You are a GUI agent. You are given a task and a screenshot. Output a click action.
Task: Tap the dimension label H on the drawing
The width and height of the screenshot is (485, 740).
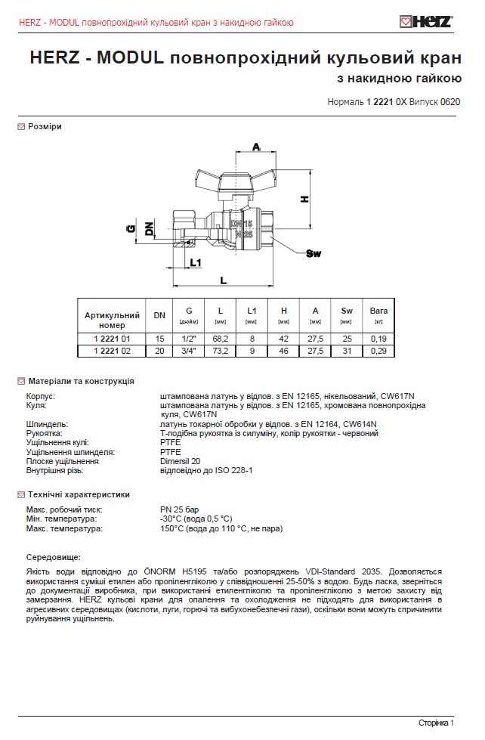[x=304, y=199]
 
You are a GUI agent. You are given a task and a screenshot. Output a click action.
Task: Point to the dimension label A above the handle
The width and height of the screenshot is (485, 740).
[x=256, y=147]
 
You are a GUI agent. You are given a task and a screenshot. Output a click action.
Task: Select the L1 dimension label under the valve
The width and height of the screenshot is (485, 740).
[x=195, y=263]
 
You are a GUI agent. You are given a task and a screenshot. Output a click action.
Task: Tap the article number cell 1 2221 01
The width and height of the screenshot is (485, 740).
[x=113, y=339]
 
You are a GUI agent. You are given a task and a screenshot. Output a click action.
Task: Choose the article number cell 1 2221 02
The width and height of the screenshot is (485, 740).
[x=113, y=351]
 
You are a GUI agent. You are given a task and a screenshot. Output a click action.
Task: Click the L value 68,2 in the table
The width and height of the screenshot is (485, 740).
[x=221, y=339]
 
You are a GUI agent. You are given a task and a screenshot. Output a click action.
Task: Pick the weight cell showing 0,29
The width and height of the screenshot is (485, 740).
[x=378, y=351]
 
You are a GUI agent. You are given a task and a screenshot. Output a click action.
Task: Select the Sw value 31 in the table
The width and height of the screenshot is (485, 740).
[x=347, y=351]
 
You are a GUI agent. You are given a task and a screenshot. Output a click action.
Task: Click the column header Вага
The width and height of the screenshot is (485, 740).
[x=378, y=310]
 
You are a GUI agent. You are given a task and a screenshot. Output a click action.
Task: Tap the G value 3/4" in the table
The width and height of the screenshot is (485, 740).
[x=189, y=351]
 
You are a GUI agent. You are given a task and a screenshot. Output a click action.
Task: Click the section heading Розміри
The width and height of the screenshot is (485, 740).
[x=45, y=127]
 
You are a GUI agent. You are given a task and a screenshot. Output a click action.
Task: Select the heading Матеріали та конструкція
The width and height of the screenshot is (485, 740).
[x=81, y=381]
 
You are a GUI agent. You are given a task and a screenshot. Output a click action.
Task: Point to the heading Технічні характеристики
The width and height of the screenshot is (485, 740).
[x=79, y=494]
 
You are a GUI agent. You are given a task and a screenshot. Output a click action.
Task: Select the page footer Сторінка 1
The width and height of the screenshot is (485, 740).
[x=436, y=723]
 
